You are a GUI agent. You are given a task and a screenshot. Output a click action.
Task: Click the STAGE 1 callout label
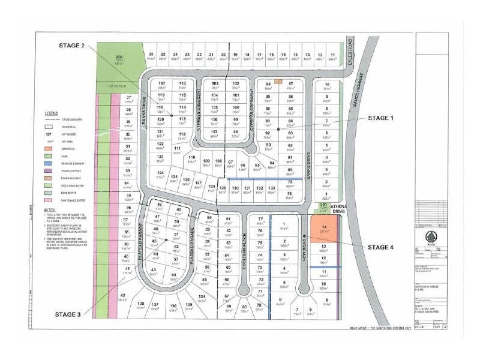pos(380,118)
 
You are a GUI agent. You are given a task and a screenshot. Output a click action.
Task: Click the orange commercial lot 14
pos(325,229)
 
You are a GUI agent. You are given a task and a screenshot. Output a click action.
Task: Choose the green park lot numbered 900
pos(119,59)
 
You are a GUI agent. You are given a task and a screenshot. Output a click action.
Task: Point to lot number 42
pos(122,296)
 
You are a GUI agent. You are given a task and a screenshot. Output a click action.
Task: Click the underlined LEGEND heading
pos(51,113)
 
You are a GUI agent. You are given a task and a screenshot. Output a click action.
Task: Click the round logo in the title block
pos(431,235)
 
